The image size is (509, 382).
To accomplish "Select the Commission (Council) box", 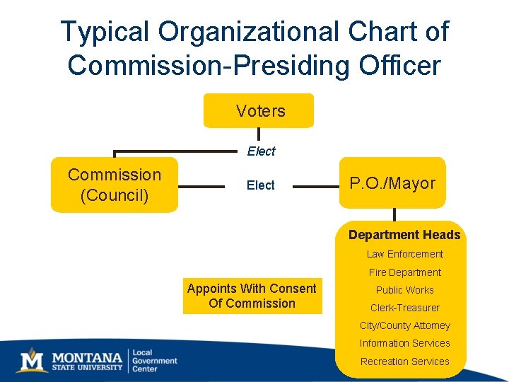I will pos(115,185).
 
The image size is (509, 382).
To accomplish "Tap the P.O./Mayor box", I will pos(392,183).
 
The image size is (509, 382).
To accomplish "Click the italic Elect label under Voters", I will pos(261,151).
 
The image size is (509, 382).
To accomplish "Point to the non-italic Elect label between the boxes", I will pos(260,185).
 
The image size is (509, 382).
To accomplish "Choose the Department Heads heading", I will pos(404,235).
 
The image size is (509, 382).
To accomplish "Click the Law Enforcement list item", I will pos(404,254).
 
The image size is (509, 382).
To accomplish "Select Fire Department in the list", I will pos(404,272).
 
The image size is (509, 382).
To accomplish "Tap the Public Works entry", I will pos(404,290).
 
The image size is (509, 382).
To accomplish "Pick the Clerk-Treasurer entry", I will pos(404,308).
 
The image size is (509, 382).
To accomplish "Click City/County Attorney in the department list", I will pos(404,325).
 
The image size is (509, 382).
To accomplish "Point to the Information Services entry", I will pos(404,343).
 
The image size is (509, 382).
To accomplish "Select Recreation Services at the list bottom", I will pos(404,361).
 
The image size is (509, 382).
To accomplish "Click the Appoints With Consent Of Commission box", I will pos(252,296).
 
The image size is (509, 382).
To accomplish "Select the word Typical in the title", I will pos(105,32).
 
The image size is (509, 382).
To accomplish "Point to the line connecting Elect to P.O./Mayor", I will pos(317,187).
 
